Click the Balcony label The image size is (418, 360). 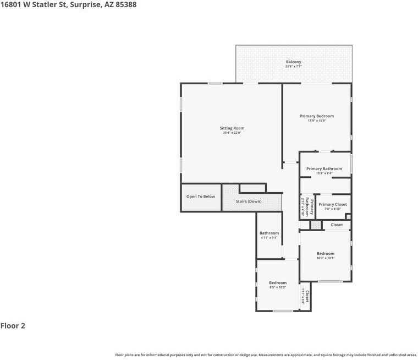pyautogui.click(x=293, y=62)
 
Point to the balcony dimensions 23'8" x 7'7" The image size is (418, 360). pyautogui.click(x=293, y=67)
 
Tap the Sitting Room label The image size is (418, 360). pyautogui.click(x=232, y=128)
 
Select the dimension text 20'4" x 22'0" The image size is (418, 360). pyautogui.click(x=232, y=133)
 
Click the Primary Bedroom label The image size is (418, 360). pyautogui.click(x=317, y=116)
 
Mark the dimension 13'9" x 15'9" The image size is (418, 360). pyautogui.click(x=317, y=121)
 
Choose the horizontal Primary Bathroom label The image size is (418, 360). pyautogui.click(x=324, y=168)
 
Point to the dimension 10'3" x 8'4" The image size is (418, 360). pyautogui.click(x=324, y=173)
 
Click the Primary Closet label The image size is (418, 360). pyautogui.click(x=333, y=204)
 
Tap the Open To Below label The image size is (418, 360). pyautogui.click(x=201, y=197)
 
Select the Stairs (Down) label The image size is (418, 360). pyautogui.click(x=249, y=201)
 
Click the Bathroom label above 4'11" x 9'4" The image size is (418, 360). pyautogui.click(x=269, y=233)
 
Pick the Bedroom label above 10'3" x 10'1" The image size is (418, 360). pyautogui.click(x=325, y=253)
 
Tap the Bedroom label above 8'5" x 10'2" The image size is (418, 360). pyautogui.click(x=278, y=282)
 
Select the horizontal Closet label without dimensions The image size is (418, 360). pyautogui.click(x=337, y=225)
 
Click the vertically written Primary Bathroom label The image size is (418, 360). pyautogui.click(x=309, y=206)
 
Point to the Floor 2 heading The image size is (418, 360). pyautogui.click(x=13, y=326)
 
